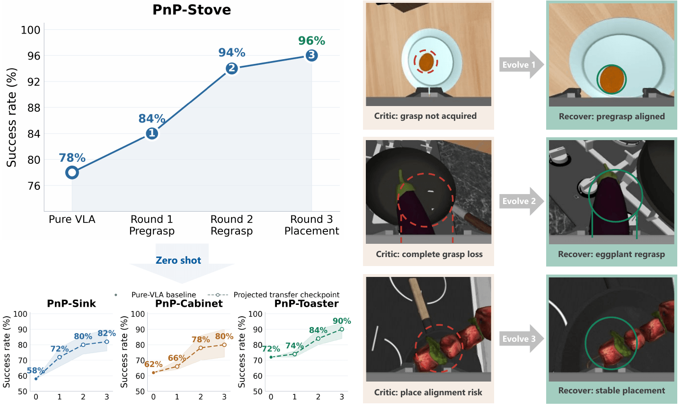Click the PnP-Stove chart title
pos(192,10)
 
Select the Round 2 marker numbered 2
pos(232,68)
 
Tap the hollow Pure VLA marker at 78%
pos(72,173)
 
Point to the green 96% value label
pos(311,41)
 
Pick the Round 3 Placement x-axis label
pos(311,225)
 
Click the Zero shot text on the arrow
pos(178,260)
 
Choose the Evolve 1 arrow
pos(522,64)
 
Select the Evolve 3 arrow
pos(522,338)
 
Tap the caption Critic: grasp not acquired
pos(425,116)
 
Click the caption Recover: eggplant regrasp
pos(611,254)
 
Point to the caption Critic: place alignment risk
pos(428,392)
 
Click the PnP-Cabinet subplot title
pos(189,303)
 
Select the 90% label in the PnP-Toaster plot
pos(342,320)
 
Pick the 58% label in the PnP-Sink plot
pos(35,370)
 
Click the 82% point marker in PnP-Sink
pos(106,342)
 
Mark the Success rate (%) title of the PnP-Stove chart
pos(11,117)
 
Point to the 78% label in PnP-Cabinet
pos(201,339)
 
